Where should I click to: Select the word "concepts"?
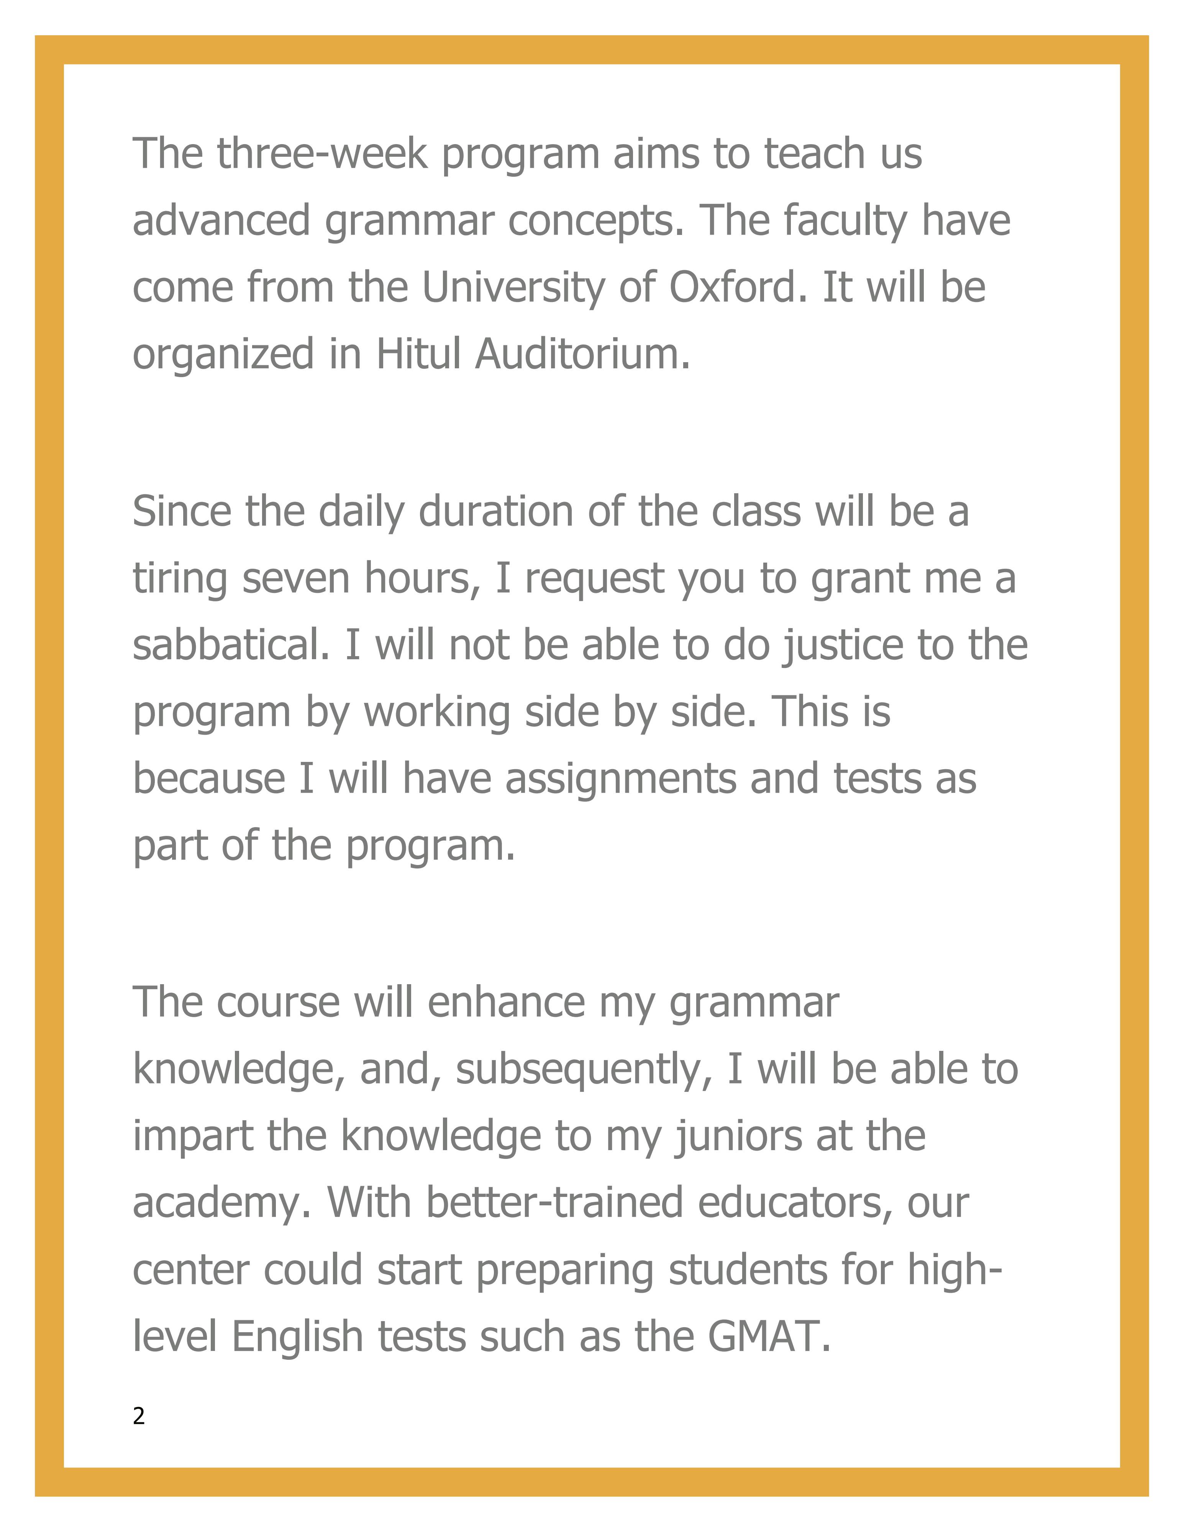[x=594, y=221]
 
